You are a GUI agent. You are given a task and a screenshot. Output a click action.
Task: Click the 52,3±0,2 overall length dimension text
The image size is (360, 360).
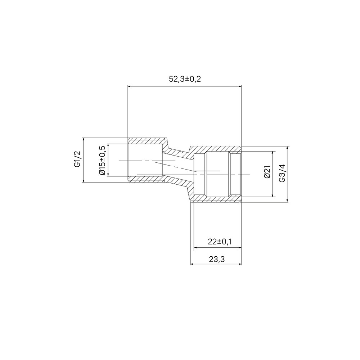pos(185,79)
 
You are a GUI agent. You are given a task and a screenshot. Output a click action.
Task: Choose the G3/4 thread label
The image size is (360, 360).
pos(282,173)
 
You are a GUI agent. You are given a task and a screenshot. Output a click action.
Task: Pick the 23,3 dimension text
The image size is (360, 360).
pos(217,259)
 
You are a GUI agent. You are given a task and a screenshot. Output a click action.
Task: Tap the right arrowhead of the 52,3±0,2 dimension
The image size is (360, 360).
pos(240,86)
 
